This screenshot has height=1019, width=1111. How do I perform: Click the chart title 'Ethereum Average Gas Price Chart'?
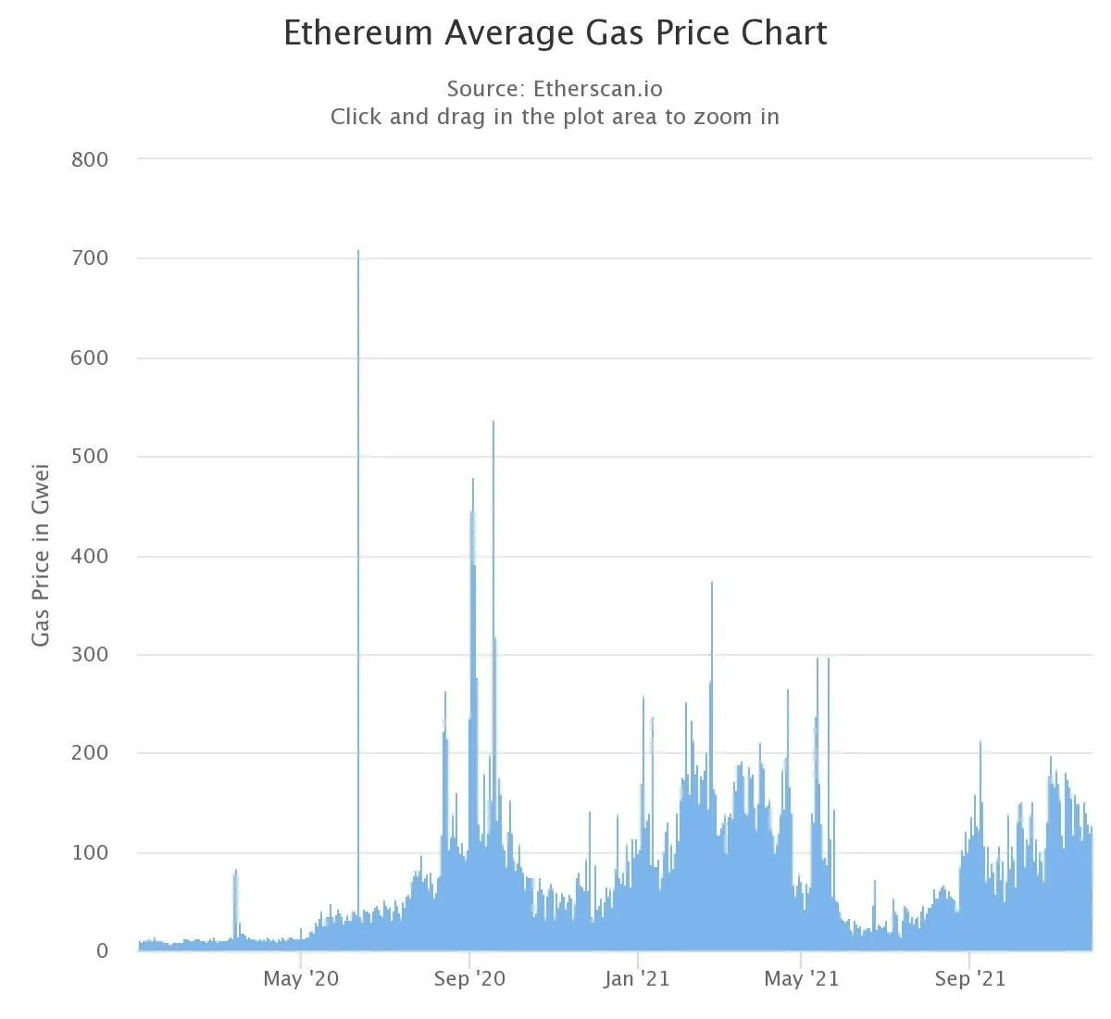click(555, 33)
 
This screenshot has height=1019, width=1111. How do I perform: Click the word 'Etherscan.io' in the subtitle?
click(598, 89)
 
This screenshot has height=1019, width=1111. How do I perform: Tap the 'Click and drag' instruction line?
click(555, 117)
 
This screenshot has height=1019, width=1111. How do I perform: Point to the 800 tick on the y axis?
click(90, 159)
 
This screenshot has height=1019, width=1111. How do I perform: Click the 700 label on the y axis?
click(90, 258)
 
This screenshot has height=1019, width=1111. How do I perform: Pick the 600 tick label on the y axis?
click(90, 358)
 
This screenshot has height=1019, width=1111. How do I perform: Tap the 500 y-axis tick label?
click(90, 457)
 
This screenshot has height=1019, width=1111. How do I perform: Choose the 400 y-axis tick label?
click(90, 556)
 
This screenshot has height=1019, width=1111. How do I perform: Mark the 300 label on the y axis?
click(90, 655)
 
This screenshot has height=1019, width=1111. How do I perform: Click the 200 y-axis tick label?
click(90, 753)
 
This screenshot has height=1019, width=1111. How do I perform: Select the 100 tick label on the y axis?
click(90, 852)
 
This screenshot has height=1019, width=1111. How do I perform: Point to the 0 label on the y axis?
click(102, 951)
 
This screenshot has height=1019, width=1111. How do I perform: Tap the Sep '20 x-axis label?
click(469, 979)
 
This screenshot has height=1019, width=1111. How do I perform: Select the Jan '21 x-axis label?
click(637, 979)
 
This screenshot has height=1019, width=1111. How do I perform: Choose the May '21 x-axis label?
click(801, 979)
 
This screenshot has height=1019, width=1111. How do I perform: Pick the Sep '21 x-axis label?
click(969, 979)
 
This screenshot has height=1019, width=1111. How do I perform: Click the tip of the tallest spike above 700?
click(358, 251)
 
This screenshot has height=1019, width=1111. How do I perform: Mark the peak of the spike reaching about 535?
click(493, 422)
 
